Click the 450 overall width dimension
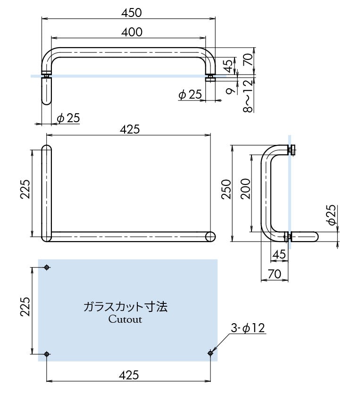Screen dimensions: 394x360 point(131,12)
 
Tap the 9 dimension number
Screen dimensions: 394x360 point(229,90)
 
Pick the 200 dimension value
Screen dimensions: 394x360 point(245,189)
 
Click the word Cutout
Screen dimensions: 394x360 point(125,319)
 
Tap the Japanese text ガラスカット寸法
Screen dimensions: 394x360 point(125,307)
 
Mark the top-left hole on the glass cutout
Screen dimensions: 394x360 point(46,268)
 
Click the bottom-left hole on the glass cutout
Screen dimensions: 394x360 point(46,353)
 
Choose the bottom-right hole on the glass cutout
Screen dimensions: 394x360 point(210,352)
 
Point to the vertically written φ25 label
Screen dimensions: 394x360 point(331,215)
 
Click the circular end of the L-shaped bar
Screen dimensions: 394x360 point(210,236)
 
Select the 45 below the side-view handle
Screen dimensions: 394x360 point(279,254)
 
